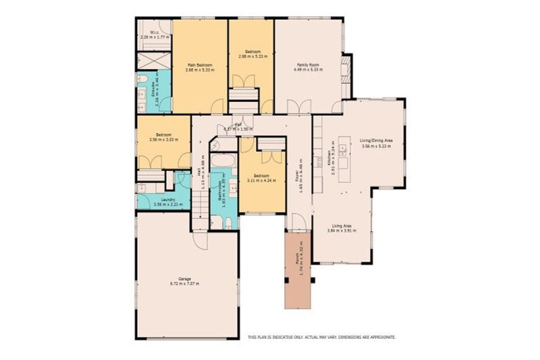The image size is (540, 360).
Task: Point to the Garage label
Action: [184, 279]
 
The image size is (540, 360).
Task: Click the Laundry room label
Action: [167, 200]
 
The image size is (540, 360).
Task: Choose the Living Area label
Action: [341, 226]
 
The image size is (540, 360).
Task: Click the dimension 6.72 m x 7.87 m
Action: [184, 284]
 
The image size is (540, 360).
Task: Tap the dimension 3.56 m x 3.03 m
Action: [163, 139]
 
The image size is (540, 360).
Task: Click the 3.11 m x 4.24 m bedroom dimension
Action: [262, 180]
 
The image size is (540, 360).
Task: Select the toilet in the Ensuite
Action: [141, 78]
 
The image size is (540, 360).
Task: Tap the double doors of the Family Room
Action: [299, 107]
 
